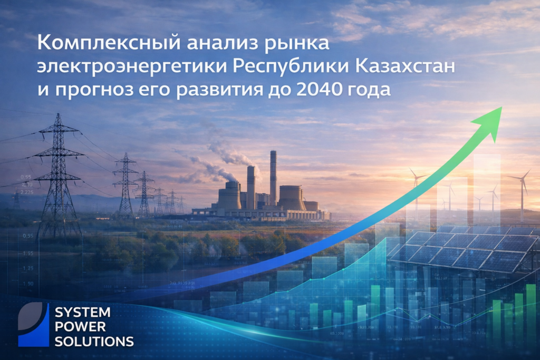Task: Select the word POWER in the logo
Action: click(80, 327)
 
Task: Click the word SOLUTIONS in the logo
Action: click(94, 341)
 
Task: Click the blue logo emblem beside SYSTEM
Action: click(33, 325)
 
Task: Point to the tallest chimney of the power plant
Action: click(273, 179)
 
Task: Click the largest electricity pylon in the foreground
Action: click(58, 174)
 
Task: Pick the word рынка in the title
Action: click(299, 44)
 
